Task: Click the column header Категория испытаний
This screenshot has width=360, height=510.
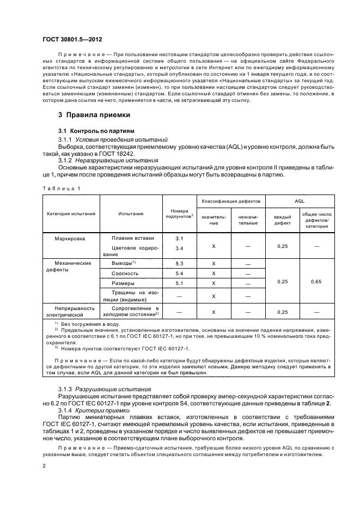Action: pos(71,214)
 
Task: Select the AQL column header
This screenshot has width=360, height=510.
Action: pos(299,201)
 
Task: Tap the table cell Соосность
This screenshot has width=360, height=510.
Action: pos(121,273)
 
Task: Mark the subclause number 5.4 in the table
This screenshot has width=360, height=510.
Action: pos(179,273)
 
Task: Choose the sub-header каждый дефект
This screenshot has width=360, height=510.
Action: pos(282,220)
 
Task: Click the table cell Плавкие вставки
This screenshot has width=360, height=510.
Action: pos(132,238)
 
